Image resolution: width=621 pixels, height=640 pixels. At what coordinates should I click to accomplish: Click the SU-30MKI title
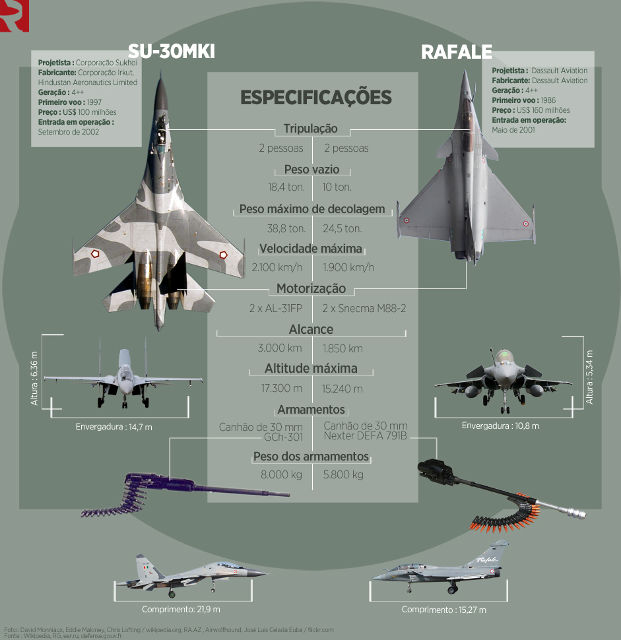pos(172,51)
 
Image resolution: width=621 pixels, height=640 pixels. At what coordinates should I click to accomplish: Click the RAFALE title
pos(457,52)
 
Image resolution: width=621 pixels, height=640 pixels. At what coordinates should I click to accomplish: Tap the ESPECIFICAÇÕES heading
pos(316,98)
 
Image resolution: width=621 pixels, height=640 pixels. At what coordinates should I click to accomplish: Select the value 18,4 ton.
pos(286,187)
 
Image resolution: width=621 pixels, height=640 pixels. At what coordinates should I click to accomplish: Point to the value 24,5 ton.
pos(342,228)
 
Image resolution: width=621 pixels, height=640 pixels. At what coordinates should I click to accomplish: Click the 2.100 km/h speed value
pos(277,267)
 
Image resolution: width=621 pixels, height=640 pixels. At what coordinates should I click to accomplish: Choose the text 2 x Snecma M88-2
pos(364,308)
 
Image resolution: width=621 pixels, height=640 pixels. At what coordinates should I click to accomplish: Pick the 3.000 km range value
pos(280,348)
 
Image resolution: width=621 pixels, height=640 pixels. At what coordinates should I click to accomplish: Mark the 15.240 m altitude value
pos(342,389)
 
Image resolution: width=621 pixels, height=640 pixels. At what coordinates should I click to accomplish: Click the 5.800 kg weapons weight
pos(343,474)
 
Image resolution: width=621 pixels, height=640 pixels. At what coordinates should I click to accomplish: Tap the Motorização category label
pos(311,288)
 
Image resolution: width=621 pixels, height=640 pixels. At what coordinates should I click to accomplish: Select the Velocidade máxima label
pos(311,249)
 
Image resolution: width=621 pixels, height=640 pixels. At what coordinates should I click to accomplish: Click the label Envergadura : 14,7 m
pos(114,427)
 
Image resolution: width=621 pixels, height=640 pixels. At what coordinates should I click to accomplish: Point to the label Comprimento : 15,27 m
pos(443,610)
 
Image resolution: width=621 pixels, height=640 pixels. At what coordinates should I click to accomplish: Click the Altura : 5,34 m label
pos(589,377)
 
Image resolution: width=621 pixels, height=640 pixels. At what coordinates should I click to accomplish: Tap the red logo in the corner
pos(15,16)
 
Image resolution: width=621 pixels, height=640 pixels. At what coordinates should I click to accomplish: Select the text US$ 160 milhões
pos(543,110)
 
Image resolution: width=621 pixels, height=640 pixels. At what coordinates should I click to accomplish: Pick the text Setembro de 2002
pos(69,132)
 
